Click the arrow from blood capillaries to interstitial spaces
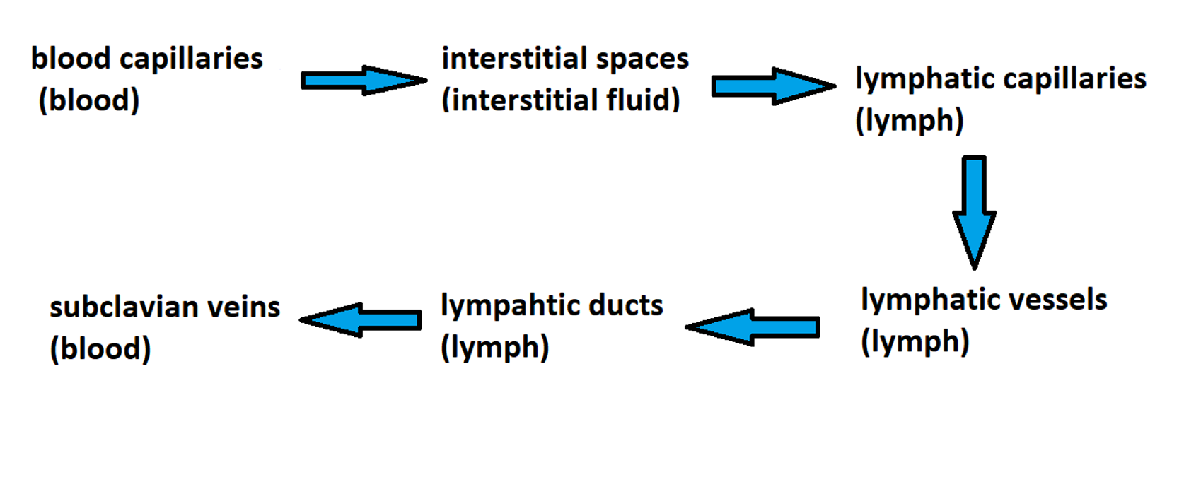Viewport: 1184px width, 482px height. pyautogui.click(x=363, y=81)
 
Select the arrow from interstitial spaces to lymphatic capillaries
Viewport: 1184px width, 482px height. pyautogui.click(x=773, y=86)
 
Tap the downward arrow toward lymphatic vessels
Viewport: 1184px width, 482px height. pyautogui.click(x=975, y=211)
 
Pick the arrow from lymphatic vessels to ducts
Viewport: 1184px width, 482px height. pyautogui.click(x=753, y=327)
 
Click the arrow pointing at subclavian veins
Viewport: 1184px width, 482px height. pyautogui.click(x=361, y=319)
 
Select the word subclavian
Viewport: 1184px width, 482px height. pyautogui.click(x=124, y=307)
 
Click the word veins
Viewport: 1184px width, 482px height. pyautogui.click(x=243, y=307)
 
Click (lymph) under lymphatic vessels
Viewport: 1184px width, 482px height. pyautogui.click(x=915, y=342)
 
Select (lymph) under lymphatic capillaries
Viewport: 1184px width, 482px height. pyautogui.click(x=910, y=121)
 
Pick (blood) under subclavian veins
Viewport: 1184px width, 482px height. pyautogui.click(x=100, y=349)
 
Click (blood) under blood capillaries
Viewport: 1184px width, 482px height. pyautogui.click(x=89, y=100)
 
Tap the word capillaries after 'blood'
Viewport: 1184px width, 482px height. pyautogui.click(x=191, y=59)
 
